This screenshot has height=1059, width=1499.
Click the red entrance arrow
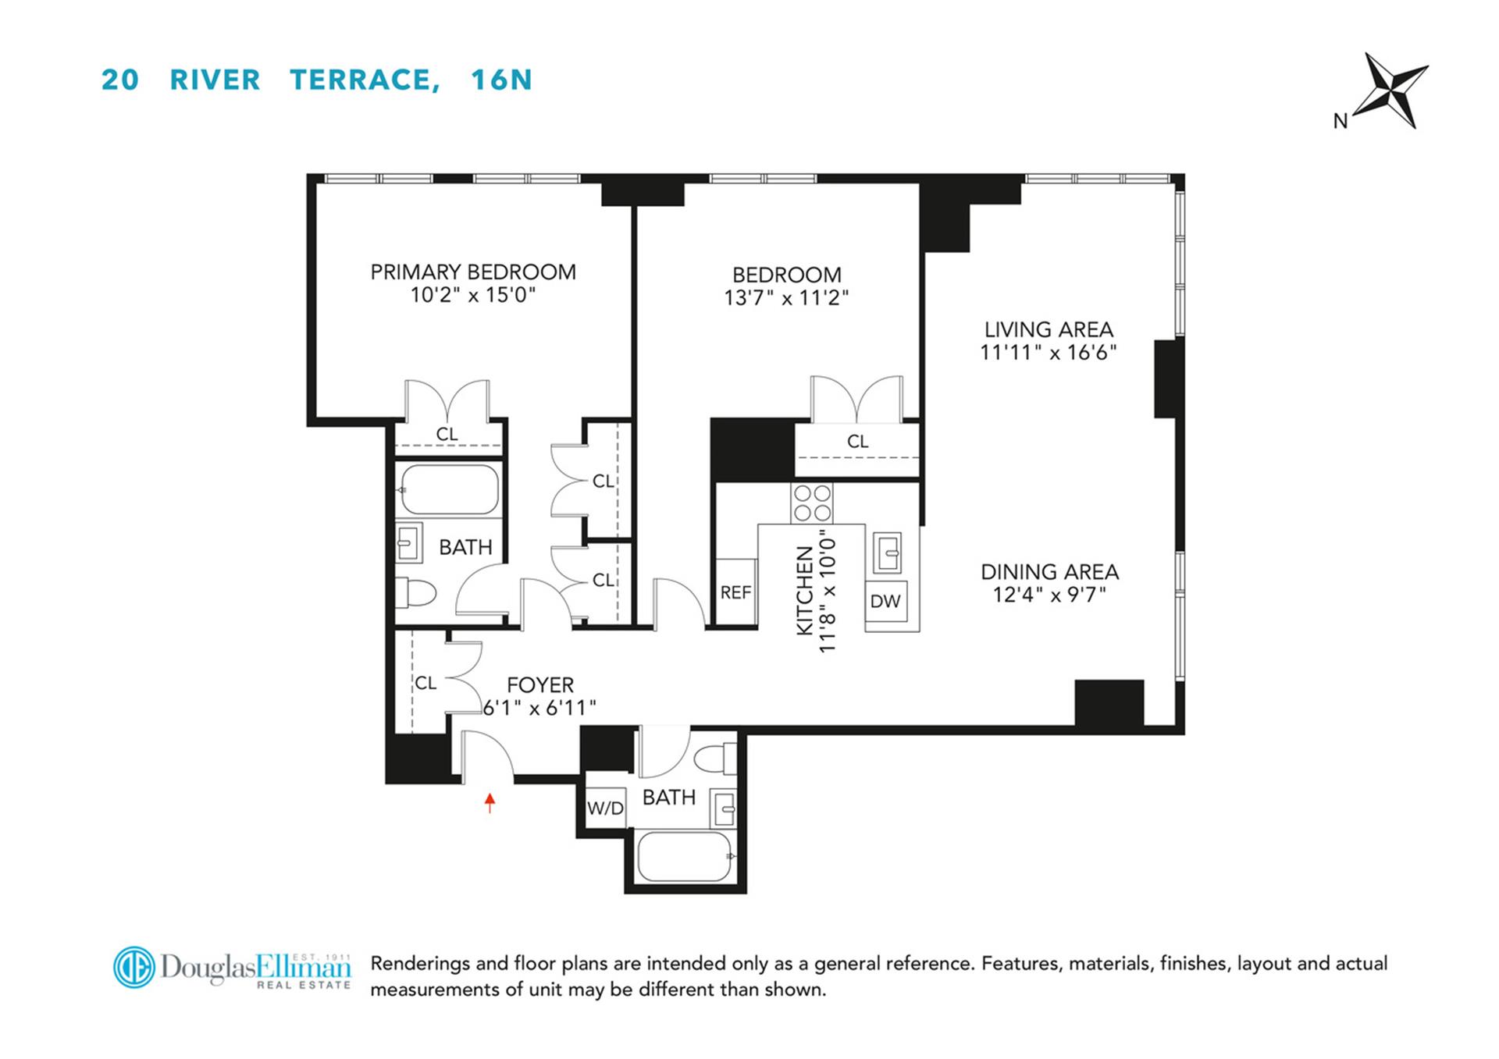490,802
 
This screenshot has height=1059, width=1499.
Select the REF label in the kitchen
735,593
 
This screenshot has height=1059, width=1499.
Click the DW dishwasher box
885,601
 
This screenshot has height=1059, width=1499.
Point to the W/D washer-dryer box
605,808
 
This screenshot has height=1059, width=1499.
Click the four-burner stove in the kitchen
811,503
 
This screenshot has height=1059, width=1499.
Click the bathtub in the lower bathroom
684,857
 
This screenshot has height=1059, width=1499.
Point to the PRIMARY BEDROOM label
472,272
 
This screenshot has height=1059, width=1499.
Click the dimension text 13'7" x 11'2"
785,298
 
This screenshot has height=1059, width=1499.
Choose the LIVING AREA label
1048,330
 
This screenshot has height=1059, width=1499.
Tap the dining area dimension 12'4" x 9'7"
1049,595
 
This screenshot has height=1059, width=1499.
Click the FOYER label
539,685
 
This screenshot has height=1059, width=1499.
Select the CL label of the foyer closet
425,683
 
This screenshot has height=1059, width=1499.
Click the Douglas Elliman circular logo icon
134,968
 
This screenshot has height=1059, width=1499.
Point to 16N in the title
501,80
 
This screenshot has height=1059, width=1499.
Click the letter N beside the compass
1340,122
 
